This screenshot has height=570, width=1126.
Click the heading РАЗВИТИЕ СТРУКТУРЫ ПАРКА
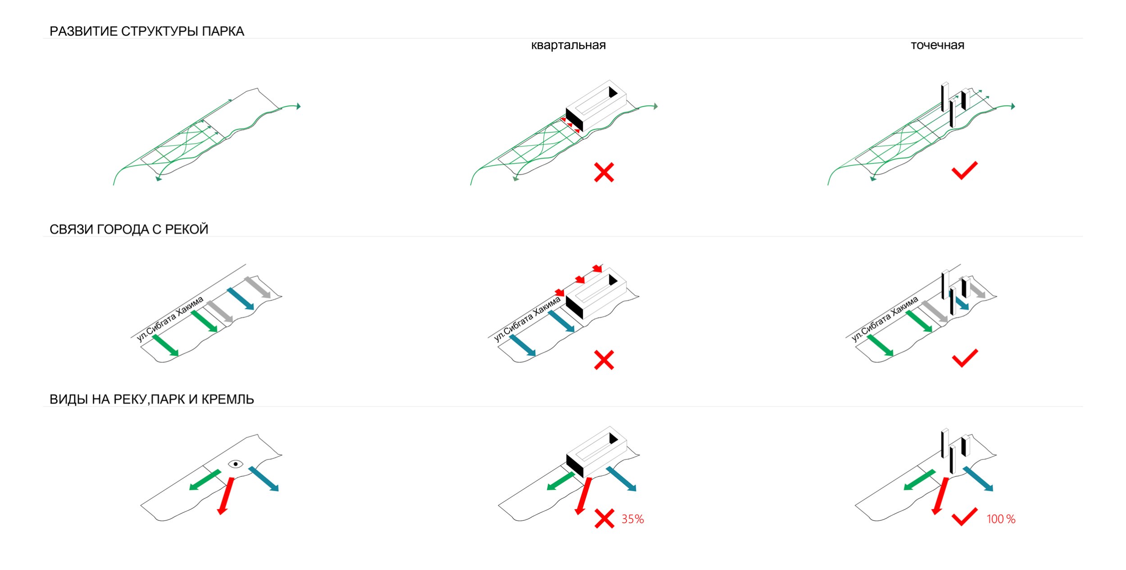pos(147,32)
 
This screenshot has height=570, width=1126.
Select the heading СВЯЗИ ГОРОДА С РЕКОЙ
pos(129,229)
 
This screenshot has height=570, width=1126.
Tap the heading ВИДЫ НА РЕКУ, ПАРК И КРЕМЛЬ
pos(152,399)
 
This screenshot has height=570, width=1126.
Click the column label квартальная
pos(568,45)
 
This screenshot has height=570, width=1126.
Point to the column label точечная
pos(937,45)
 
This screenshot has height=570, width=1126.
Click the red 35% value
pos(633,519)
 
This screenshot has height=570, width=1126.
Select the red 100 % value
pos(1001,519)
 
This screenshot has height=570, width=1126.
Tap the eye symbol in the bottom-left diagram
pos(236,464)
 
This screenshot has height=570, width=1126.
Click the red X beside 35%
pos(604,519)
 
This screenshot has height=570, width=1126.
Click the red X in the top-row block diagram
pos(604,173)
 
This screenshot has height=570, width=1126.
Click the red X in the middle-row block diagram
pos(604,360)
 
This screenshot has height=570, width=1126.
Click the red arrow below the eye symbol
pos(226,496)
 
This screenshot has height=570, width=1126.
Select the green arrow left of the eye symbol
pos(205,480)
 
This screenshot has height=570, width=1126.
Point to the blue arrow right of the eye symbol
pos(263,479)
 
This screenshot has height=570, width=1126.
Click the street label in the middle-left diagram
pos(170,319)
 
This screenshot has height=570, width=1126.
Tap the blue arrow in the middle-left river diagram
pos(241,299)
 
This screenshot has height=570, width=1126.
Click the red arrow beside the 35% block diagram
pos(583,496)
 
